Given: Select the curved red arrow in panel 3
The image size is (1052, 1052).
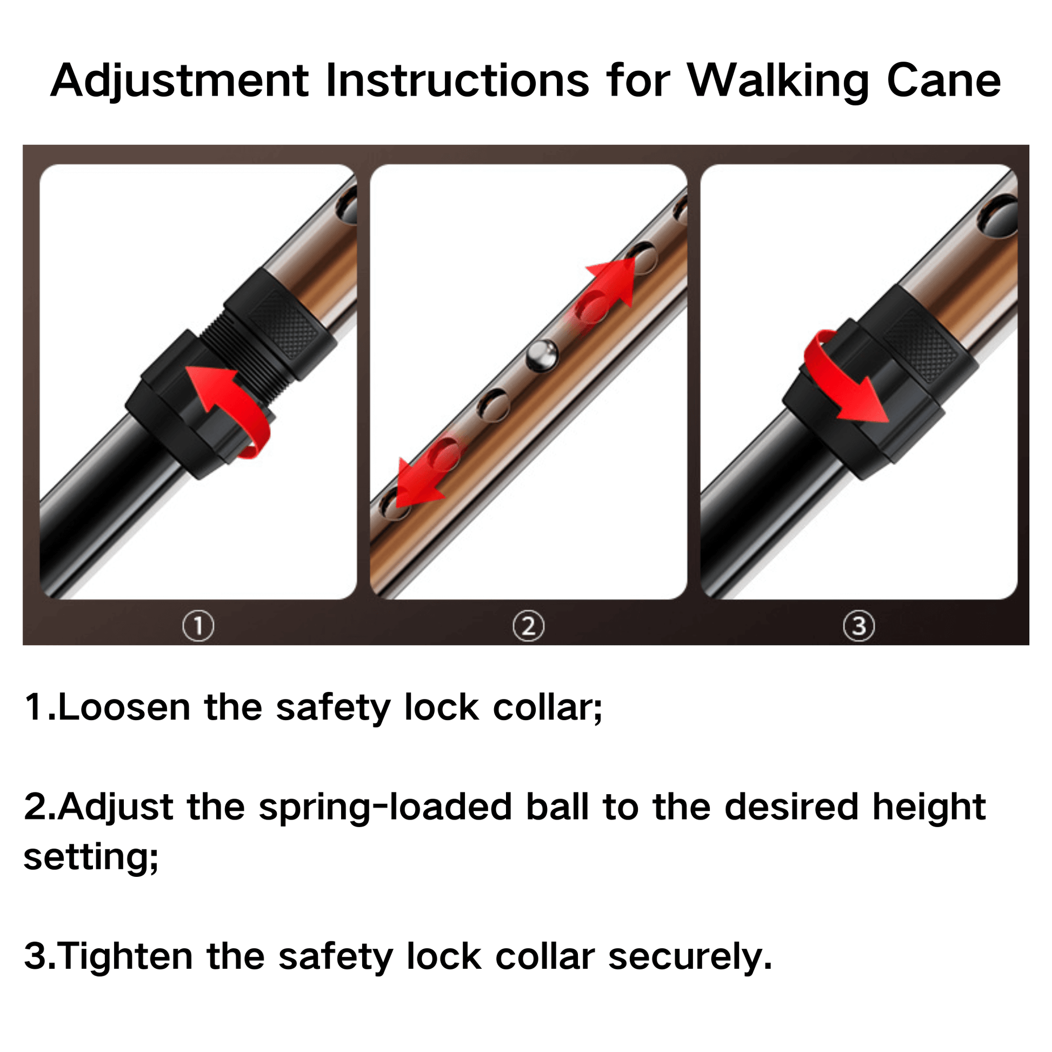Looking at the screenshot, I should [844, 381].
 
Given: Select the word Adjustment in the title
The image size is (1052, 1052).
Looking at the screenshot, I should [179, 82].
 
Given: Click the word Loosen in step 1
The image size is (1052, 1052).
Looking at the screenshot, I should [124, 708].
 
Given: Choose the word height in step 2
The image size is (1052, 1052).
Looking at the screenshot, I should [928, 807].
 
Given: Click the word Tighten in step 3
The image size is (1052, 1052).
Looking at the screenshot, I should [125, 957].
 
